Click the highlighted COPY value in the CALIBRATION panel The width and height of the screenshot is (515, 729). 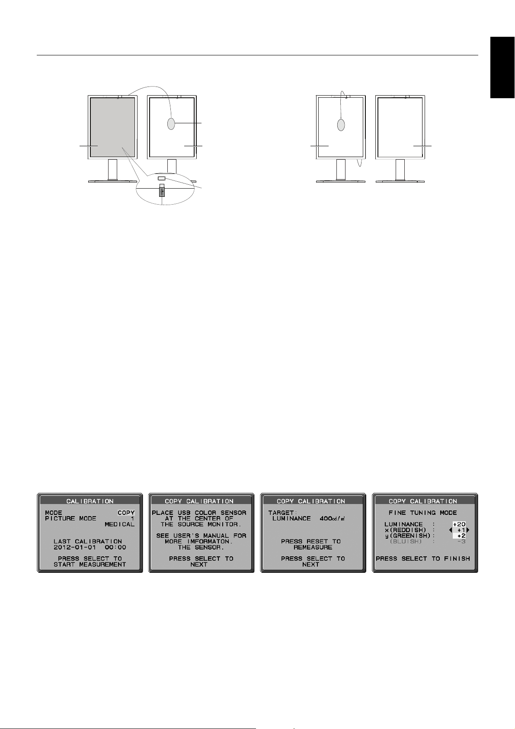click(126, 513)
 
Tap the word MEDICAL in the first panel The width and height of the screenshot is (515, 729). click(119, 524)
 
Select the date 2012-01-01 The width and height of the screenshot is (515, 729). click(75, 547)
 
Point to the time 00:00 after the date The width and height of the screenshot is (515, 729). click(115, 547)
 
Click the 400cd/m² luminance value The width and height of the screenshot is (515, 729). click(332, 518)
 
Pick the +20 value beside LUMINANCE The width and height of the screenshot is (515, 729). click(459, 524)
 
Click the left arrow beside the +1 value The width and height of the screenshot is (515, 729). click(451, 530)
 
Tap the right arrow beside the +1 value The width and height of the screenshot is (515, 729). click(468, 530)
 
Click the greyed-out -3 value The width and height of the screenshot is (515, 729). click(461, 542)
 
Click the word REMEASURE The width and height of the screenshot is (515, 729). click(313, 547)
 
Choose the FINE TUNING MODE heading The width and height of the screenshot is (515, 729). click(422, 513)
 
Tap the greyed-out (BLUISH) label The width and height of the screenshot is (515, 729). click(406, 542)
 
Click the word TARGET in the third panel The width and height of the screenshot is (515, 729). click(281, 513)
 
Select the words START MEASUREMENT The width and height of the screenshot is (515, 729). click(90, 564)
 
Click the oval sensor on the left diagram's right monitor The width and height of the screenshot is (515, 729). click(171, 124)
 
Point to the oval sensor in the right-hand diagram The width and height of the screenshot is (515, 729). click(341, 125)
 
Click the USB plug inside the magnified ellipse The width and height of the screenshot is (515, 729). click(162, 190)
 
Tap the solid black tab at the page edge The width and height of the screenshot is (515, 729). click(502, 67)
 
